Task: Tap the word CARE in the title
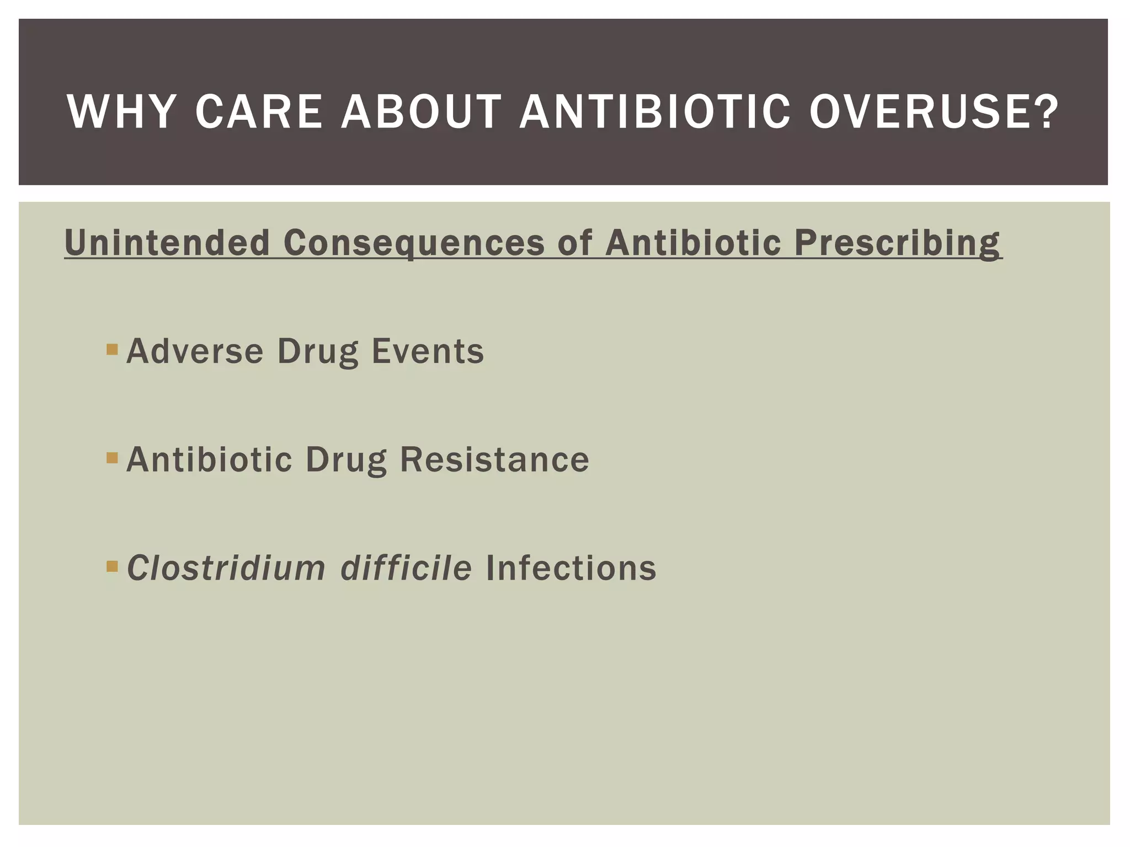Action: click(x=258, y=112)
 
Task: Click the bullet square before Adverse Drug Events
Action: click(x=112, y=349)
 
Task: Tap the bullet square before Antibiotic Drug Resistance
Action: click(x=112, y=458)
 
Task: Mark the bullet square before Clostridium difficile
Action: click(x=112, y=566)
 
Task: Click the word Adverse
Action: click(x=195, y=351)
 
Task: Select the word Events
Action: click(x=428, y=351)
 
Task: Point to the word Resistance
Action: click(x=494, y=459)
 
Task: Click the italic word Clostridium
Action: click(x=226, y=568)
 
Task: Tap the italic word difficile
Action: click(x=406, y=568)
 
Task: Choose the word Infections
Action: click(x=571, y=568)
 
